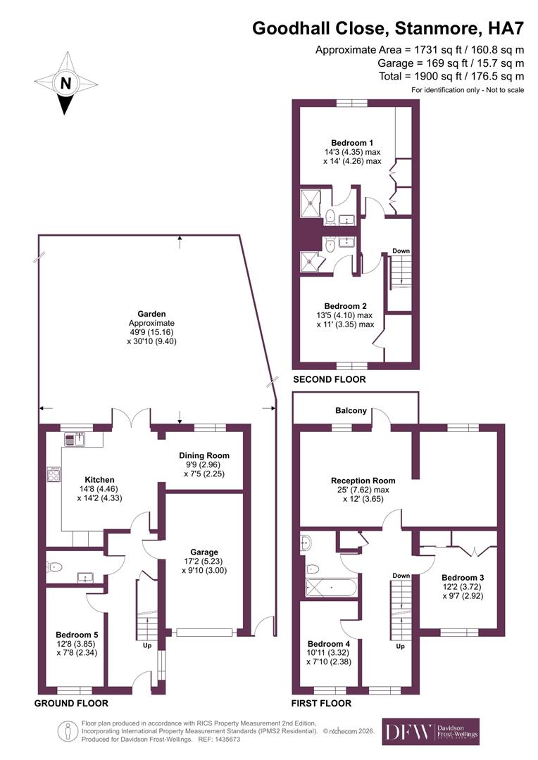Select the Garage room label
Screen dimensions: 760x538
[x=204, y=552]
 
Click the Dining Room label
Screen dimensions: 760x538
[x=204, y=455]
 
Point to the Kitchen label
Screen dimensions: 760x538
[x=90, y=480]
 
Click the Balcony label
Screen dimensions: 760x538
[x=351, y=411]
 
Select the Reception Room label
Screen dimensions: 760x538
[x=363, y=481]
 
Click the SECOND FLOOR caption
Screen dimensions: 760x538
[x=329, y=379]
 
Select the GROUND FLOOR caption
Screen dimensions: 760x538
[x=71, y=703]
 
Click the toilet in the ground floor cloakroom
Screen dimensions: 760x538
[x=58, y=566]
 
